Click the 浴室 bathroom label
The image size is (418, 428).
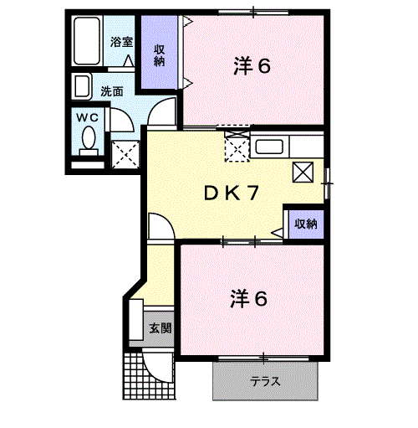[x=122, y=41]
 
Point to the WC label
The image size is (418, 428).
[x=88, y=118]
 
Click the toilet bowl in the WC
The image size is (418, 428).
[x=88, y=139]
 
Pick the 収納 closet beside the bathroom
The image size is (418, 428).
[x=159, y=54]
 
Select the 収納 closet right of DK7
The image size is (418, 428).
[x=305, y=224]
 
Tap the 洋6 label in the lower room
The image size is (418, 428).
[x=249, y=298]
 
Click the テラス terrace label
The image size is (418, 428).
[x=266, y=381]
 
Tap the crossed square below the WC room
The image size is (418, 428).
[x=125, y=153]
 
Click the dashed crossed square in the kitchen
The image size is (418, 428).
[x=237, y=150]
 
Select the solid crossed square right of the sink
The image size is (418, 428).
[x=303, y=172]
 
